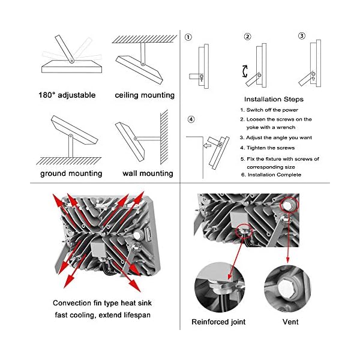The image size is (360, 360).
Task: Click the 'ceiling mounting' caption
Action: (145, 95)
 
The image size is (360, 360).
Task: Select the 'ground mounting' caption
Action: (71, 173)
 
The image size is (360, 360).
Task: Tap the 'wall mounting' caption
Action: (148, 173)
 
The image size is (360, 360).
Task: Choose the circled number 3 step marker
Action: (302, 36)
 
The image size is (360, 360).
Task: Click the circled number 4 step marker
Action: (191, 119)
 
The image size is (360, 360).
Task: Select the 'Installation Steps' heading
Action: (274, 99)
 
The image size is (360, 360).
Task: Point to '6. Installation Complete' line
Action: (271, 175)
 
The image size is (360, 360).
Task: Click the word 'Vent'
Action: (291, 322)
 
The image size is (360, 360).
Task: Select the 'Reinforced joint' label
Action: (218, 322)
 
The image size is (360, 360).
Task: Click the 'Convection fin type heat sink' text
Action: (103, 303)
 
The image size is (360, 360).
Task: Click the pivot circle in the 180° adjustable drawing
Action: (70, 61)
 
